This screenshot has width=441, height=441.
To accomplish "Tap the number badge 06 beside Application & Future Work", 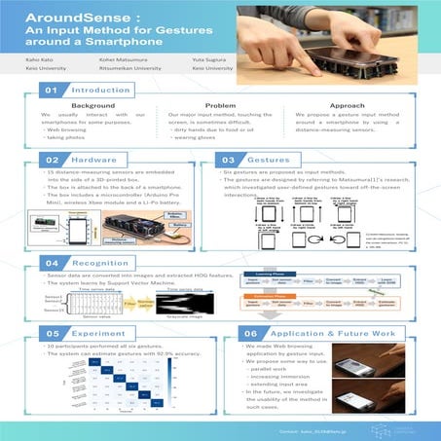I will point(250,333).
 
